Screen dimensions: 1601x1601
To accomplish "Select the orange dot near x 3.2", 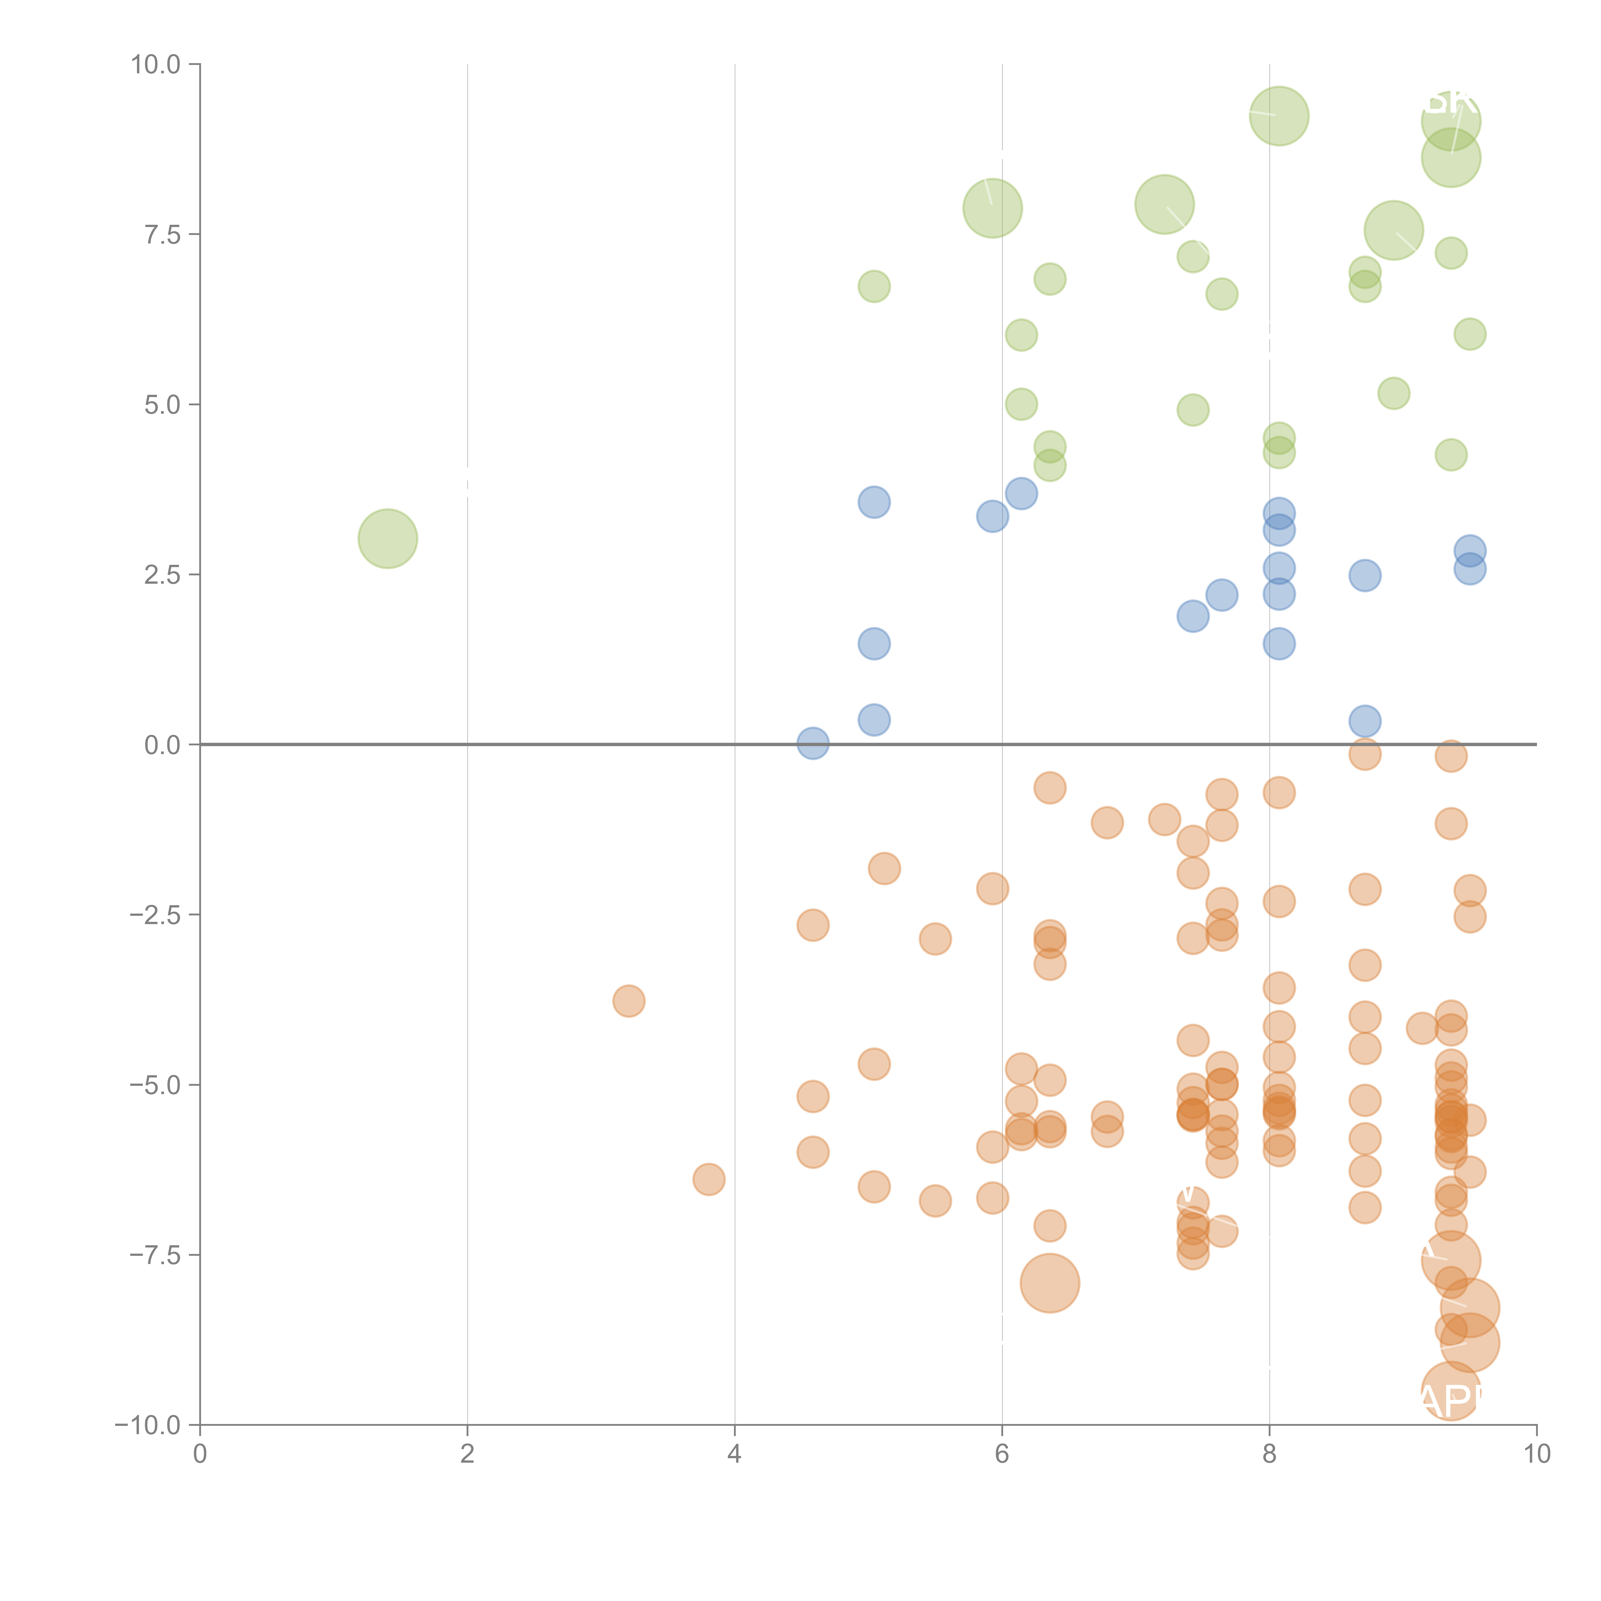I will (x=629, y=1001).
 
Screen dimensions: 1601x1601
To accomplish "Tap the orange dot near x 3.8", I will (x=709, y=1178).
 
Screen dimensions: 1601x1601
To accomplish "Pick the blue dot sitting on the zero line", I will (x=813, y=743).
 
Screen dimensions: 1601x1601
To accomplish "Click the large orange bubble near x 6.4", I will (x=1050, y=1283).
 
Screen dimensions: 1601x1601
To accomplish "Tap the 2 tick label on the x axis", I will (x=467, y=1454).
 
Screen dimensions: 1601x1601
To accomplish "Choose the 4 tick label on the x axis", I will (x=734, y=1454).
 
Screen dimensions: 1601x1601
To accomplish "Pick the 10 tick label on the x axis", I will (x=1536, y=1454).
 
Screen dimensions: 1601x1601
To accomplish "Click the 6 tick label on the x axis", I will (x=1002, y=1454).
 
